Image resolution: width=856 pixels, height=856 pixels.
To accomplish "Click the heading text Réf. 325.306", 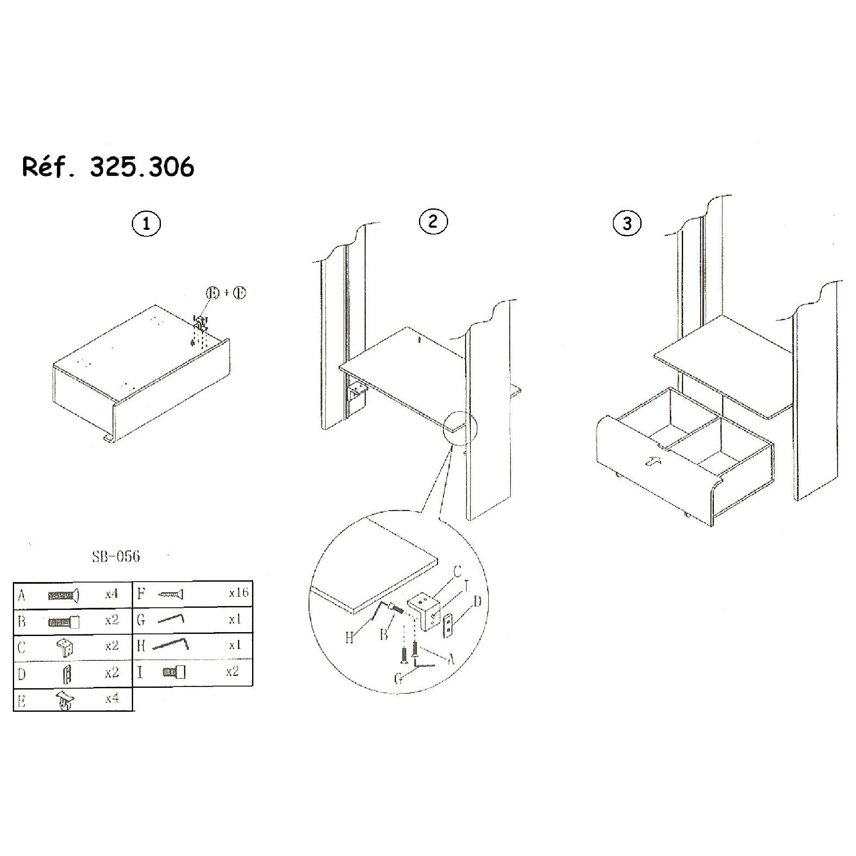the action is pos(108,166).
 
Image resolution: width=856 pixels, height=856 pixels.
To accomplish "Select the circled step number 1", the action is pos(146,224).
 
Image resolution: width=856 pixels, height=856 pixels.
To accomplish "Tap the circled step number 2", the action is pos(433,221).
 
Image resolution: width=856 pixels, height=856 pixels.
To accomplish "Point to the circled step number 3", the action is pos(627,223).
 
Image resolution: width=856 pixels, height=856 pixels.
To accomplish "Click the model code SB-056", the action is pos(116,556).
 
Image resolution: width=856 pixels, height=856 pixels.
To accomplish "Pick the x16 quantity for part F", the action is pos(238,593).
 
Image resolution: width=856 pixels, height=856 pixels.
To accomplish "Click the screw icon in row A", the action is pos(64,595).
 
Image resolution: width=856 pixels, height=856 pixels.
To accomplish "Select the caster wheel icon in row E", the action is pos(65,700).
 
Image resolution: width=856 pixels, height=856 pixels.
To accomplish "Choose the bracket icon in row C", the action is pos(65,647).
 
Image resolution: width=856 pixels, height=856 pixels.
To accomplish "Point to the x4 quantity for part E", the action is pos(112,699).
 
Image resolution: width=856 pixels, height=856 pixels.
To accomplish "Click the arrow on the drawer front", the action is pos(653,462).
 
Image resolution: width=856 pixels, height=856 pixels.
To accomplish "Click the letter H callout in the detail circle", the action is pos(350,638).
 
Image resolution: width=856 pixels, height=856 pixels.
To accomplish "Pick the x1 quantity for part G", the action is pos(235,619).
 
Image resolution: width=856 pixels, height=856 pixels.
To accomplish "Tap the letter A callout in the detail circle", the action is pos(451,659).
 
